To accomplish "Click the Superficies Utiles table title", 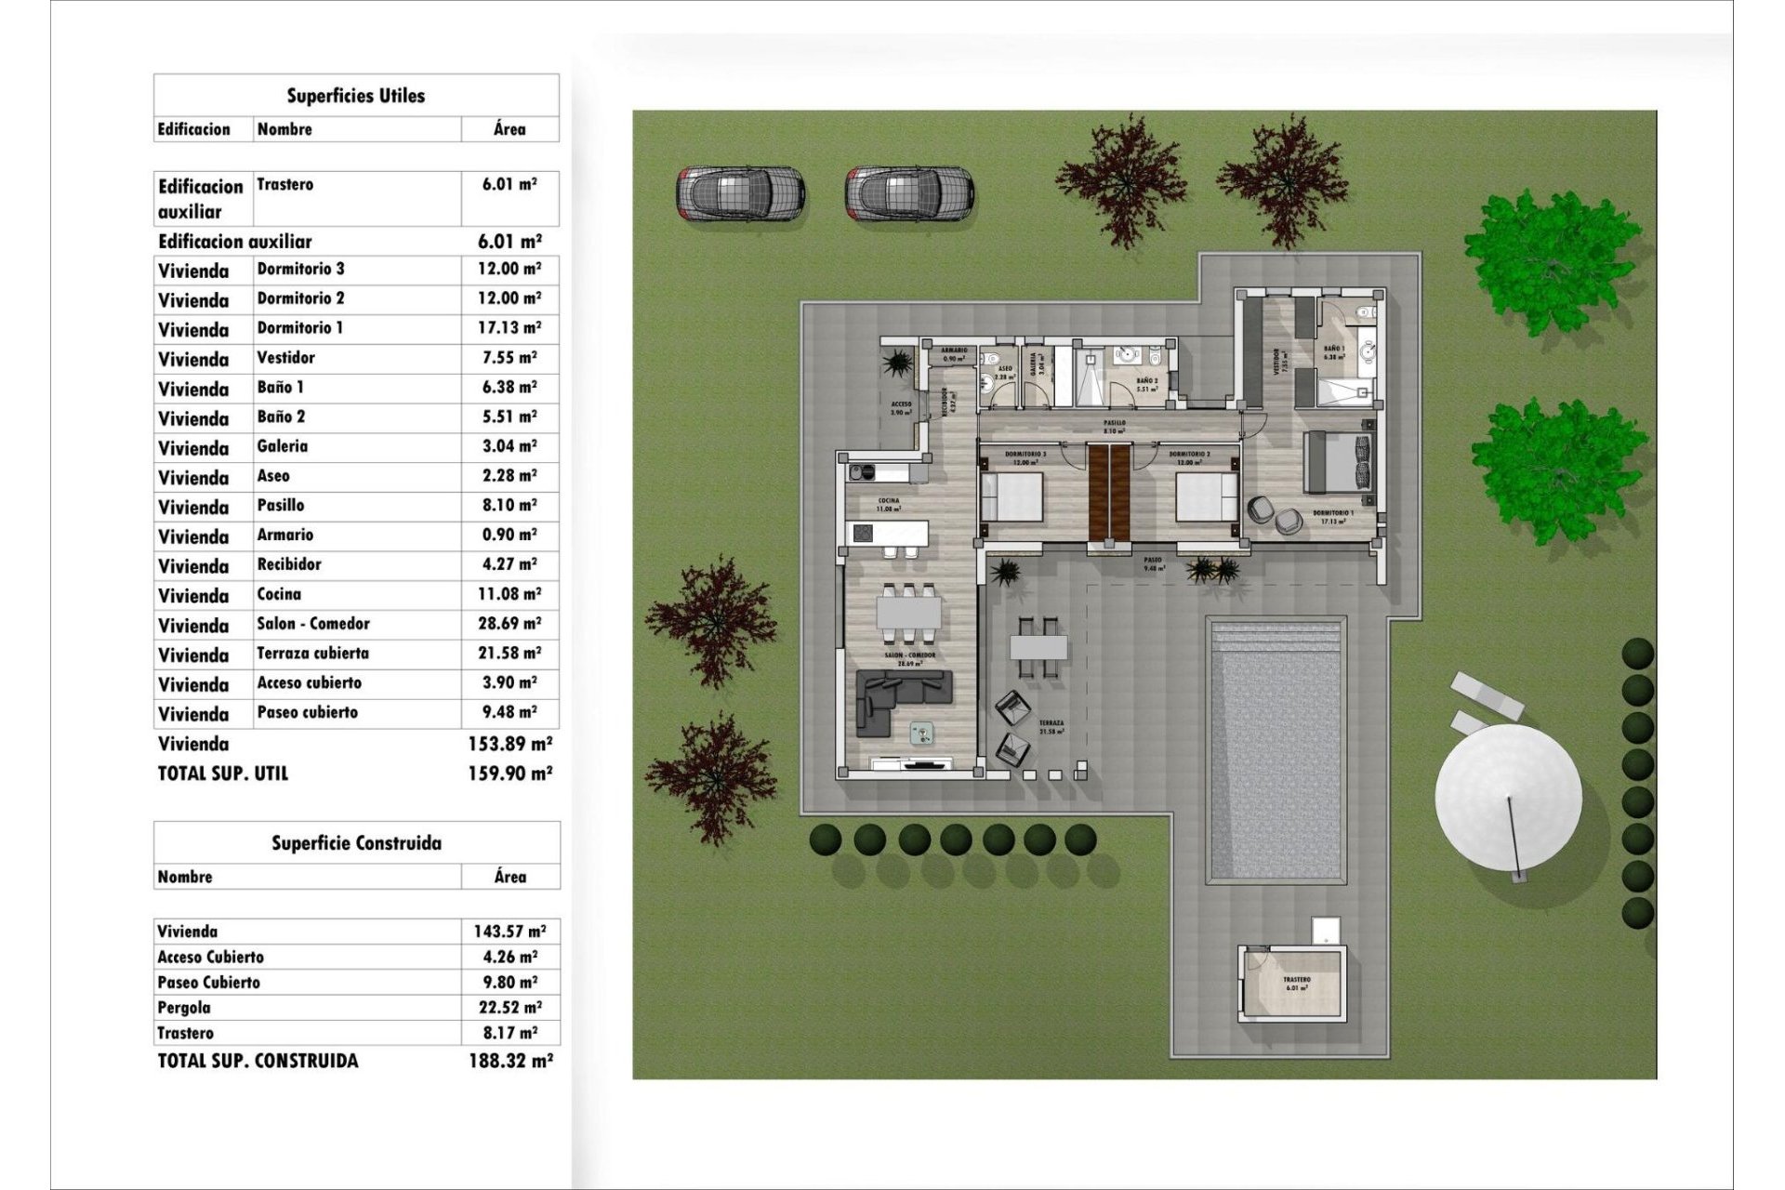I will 356,96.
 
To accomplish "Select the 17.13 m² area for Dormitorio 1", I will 509,328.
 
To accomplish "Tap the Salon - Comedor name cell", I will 313,624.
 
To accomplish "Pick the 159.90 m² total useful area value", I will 509,773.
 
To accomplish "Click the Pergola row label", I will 184,1008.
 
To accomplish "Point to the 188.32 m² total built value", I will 510,1061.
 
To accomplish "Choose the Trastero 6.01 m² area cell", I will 509,185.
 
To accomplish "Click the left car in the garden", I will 740,193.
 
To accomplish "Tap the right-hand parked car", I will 909,193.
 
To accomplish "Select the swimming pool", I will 1276,751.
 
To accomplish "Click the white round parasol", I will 1507,797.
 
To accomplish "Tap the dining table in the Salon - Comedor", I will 908,614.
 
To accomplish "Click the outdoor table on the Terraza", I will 1038,646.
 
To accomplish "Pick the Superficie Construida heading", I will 356,843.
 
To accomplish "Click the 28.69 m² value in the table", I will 509,624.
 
